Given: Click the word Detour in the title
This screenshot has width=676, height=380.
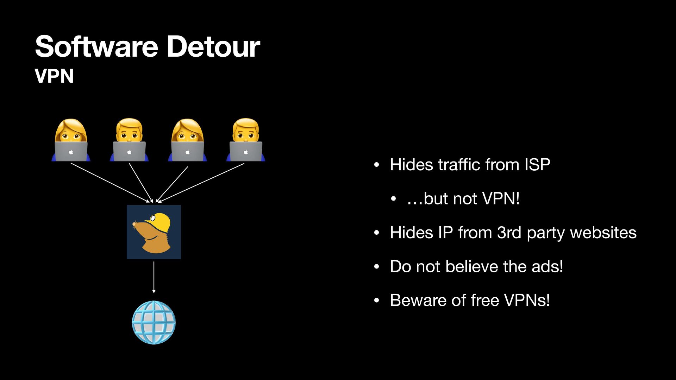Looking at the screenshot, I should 213,46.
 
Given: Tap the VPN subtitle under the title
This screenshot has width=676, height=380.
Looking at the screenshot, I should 54,76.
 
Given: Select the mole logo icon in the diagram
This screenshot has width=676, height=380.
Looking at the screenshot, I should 154,232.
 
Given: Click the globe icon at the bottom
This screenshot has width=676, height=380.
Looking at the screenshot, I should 154,322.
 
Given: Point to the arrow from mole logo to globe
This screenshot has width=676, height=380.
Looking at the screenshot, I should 154,277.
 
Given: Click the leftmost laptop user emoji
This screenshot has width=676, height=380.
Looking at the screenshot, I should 71,140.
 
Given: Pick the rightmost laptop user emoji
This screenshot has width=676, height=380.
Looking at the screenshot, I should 246,140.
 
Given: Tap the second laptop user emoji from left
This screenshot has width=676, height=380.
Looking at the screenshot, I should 129,140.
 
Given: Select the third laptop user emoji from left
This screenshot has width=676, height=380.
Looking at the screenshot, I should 187,140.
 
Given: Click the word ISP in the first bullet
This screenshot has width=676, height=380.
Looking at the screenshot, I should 537,165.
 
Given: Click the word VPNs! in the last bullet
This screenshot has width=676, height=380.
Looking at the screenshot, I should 527,300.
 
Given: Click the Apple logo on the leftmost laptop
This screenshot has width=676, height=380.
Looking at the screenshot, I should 71,152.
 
